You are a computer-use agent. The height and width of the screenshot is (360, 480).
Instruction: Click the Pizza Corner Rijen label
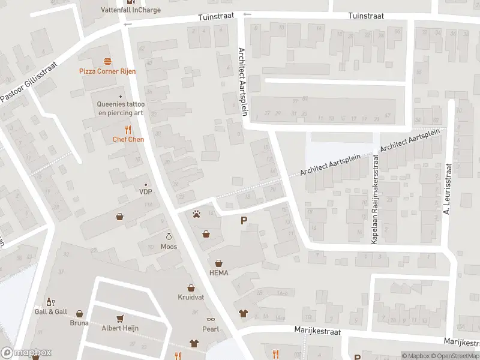tap(108, 71)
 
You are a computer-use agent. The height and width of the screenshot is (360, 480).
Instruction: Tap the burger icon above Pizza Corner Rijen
tap(108, 61)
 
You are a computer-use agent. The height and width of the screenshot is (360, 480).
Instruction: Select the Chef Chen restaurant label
tap(127, 139)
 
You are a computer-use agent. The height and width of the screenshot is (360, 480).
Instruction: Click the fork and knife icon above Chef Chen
tap(127, 129)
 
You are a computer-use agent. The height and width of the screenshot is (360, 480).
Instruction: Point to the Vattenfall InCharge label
tap(130, 10)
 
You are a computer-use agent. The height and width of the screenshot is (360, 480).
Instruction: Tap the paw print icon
tap(196, 214)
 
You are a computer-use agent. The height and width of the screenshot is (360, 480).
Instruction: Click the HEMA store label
tap(218, 272)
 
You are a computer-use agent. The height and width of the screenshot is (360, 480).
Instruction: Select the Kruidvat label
tap(191, 298)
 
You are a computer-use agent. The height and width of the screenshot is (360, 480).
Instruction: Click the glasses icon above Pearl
tap(211, 319)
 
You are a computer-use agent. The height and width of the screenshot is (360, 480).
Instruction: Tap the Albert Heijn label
tap(120, 328)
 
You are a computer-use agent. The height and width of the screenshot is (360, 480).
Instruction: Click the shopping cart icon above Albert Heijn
tap(120, 318)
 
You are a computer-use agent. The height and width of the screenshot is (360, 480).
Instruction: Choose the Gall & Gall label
tap(50, 311)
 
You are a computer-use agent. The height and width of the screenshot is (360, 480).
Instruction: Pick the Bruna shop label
tap(79, 323)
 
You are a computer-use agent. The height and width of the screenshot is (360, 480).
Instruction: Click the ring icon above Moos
tap(169, 236)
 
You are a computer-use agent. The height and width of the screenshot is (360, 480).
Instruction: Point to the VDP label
tap(145, 192)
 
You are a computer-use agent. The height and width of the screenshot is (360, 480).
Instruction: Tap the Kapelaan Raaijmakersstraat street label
tap(375, 198)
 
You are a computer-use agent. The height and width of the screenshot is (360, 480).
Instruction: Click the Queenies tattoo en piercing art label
tap(121, 108)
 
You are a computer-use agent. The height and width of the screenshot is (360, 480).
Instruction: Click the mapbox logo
tap(26, 353)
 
